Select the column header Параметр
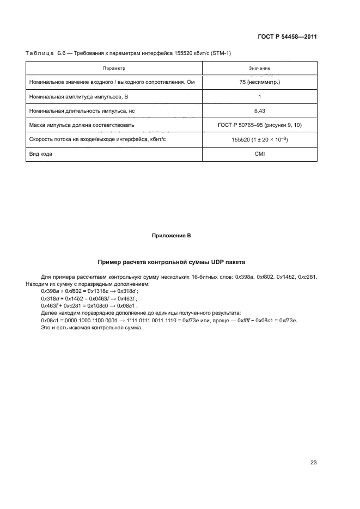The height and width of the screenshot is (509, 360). point(114,69)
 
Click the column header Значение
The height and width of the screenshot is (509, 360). point(259,69)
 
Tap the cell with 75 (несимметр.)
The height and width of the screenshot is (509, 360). point(259,82)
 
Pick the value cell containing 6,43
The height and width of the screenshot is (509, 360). point(259,111)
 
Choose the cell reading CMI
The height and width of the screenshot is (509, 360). point(259,154)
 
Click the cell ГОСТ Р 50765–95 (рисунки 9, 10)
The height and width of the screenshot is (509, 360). point(259,125)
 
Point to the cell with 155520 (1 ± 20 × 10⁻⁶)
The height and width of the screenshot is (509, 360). point(259,139)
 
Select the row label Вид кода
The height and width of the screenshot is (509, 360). point(41,154)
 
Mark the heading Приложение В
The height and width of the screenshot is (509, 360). point(171,236)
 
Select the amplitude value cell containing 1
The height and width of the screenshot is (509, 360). point(259,96)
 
